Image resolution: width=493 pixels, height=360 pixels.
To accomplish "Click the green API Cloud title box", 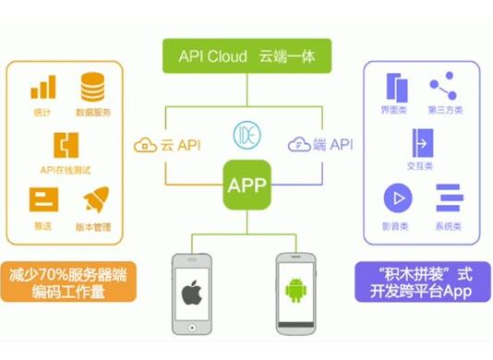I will click(x=246, y=56).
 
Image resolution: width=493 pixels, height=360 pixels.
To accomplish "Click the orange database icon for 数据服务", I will click(x=92, y=88).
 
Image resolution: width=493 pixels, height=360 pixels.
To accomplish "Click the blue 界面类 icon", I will click(x=397, y=89).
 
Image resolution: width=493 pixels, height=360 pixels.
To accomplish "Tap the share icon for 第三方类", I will click(x=443, y=88).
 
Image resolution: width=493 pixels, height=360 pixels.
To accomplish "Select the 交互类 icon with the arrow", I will click(x=420, y=144).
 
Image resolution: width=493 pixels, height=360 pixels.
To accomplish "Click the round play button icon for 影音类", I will click(x=398, y=198).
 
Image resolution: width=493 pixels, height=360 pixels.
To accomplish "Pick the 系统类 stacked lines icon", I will click(x=448, y=198).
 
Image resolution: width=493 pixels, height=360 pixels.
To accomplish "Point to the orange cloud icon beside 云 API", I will click(x=146, y=145).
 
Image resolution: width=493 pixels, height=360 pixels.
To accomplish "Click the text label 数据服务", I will click(x=93, y=112).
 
